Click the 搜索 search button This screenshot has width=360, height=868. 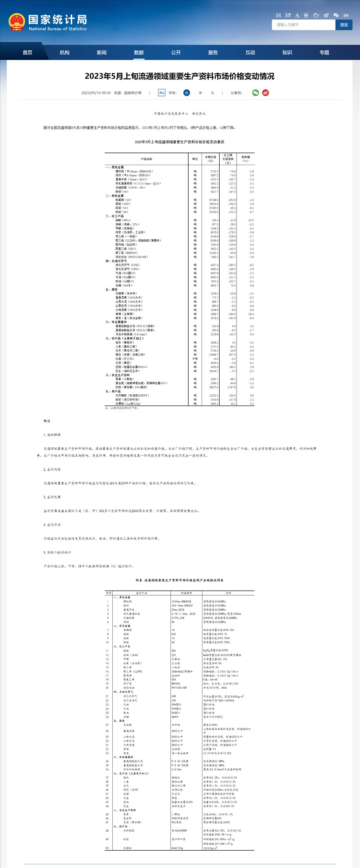(x=344, y=25)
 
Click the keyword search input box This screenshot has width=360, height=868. (x=303, y=25)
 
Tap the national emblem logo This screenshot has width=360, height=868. (x=17, y=22)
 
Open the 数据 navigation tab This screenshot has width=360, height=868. (x=139, y=53)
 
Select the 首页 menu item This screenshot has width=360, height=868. (x=28, y=53)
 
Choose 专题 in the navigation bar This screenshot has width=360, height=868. (x=324, y=53)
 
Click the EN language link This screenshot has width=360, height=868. (x=346, y=15)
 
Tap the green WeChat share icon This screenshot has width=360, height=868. (x=256, y=93)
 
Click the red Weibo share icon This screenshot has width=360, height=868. (x=266, y=93)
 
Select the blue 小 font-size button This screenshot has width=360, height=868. (x=187, y=93)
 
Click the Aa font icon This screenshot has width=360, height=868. (x=162, y=93)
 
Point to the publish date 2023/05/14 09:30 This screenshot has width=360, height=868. (x=96, y=93)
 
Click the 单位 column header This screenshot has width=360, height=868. (x=195, y=159)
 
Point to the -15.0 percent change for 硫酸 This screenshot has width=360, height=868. (x=250, y=220)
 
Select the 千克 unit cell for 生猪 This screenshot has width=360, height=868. (x=195, y=359)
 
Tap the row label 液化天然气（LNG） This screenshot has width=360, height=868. (x=127, y=265)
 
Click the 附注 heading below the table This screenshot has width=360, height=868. (x=47, y=421)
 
